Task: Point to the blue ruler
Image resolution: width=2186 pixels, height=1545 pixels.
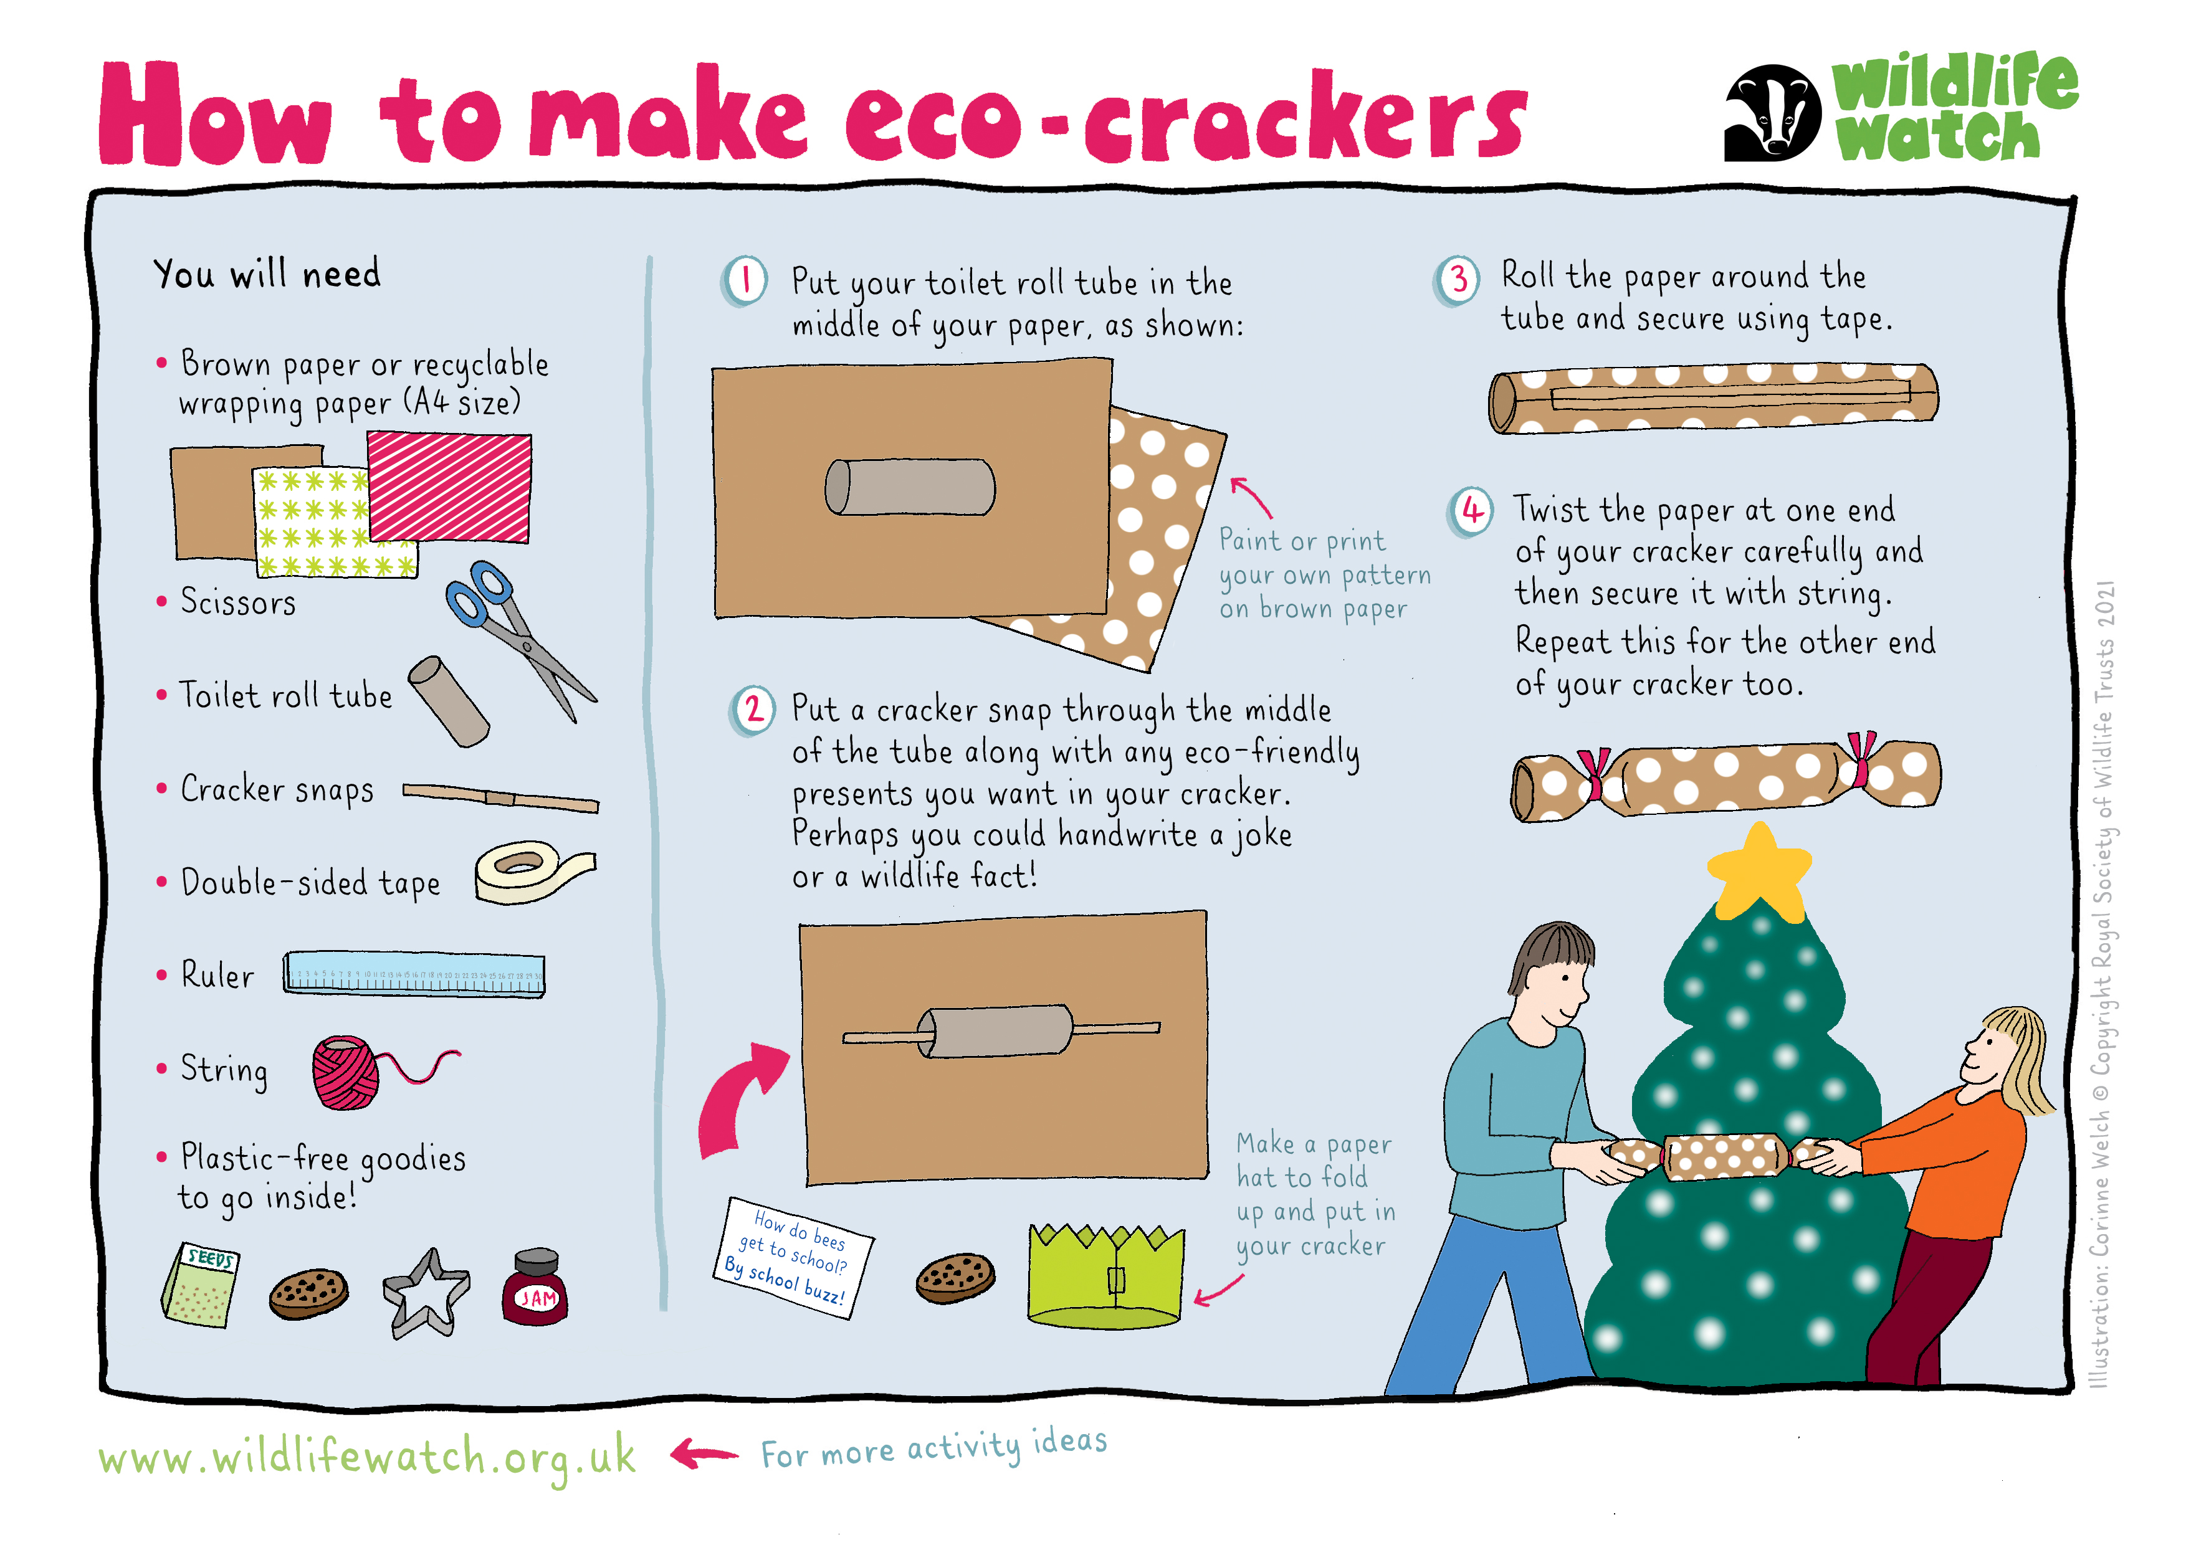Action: coord(414,974)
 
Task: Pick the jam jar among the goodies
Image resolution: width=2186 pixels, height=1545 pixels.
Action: coord(535,1287)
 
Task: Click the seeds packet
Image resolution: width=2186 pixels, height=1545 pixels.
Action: coord(201,1285)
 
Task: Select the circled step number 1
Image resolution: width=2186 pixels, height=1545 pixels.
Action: coord(745,281)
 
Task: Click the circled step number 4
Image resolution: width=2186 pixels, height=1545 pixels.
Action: coord(1472,512)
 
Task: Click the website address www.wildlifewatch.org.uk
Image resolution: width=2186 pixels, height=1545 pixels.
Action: coord(366,1457)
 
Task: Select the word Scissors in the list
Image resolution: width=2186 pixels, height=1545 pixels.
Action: coord(238,602)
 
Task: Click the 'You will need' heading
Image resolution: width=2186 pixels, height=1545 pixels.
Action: coord(267,273)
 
